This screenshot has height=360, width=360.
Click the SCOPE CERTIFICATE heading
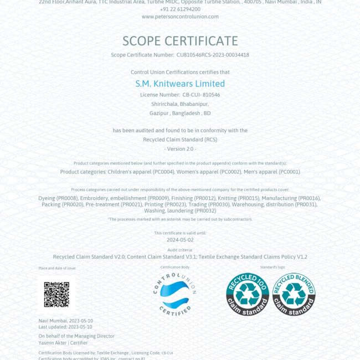point(180,41)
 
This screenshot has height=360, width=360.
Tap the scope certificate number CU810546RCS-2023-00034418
point(213,55)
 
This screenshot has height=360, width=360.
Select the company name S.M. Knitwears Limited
point(180,84)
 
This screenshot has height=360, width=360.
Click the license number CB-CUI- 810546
point(201,95)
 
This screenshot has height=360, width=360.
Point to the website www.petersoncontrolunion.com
point(180,17)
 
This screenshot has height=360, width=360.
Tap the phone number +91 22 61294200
point(180,9)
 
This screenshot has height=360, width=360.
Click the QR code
point(56,295)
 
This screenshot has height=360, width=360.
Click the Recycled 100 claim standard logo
point(247,295)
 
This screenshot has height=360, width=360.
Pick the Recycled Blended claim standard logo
point(293,295)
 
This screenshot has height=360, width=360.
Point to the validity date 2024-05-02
point(180,240)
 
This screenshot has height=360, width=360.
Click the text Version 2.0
point(180,149)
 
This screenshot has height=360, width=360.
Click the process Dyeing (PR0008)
point(58,198)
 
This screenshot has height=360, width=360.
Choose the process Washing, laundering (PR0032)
point(180,211)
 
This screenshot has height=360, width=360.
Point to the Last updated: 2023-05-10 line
point(65,327)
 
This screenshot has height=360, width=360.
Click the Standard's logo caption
point(272,268)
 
